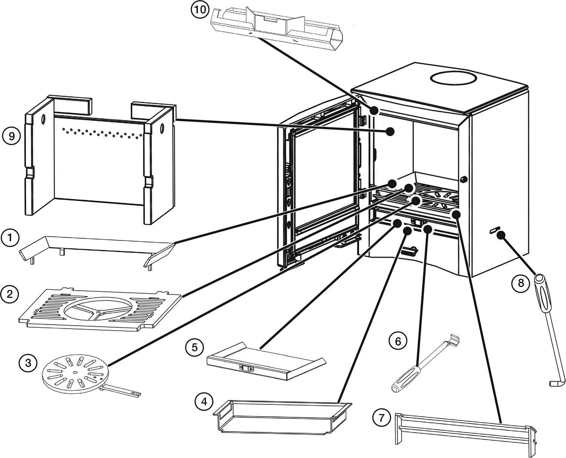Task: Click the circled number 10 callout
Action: [x=199, y=10]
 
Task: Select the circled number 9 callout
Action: [x=11, y=136]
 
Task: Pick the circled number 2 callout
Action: [x=9, y=294]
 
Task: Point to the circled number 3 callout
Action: [x=28, y=363]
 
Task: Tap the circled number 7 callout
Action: [x=381, y=417]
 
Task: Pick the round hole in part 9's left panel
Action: [x=43, y=119]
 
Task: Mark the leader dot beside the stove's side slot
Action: [x=501, y=236]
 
